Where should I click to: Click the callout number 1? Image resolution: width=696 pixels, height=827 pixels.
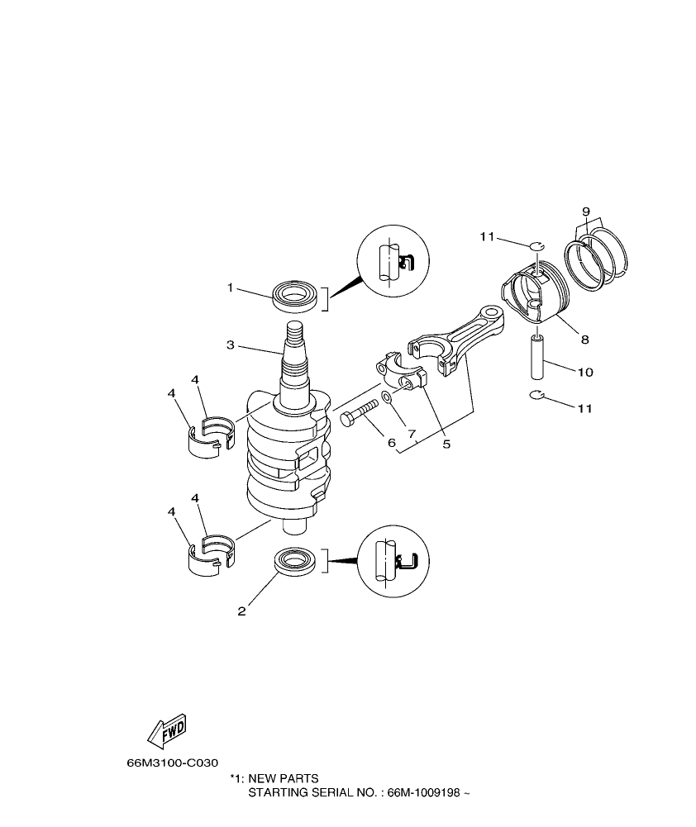231,288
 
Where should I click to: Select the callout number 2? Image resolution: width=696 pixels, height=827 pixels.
241,611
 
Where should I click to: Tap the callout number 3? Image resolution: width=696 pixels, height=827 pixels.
231,344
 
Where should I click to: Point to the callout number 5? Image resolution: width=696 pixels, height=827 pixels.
446,444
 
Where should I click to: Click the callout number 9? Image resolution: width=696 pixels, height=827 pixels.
585,212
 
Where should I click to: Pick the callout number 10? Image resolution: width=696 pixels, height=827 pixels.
585,373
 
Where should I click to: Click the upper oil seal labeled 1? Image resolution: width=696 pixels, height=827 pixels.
296,296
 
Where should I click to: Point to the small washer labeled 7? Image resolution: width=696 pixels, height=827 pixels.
387,408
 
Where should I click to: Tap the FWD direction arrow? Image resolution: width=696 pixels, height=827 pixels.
166,730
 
